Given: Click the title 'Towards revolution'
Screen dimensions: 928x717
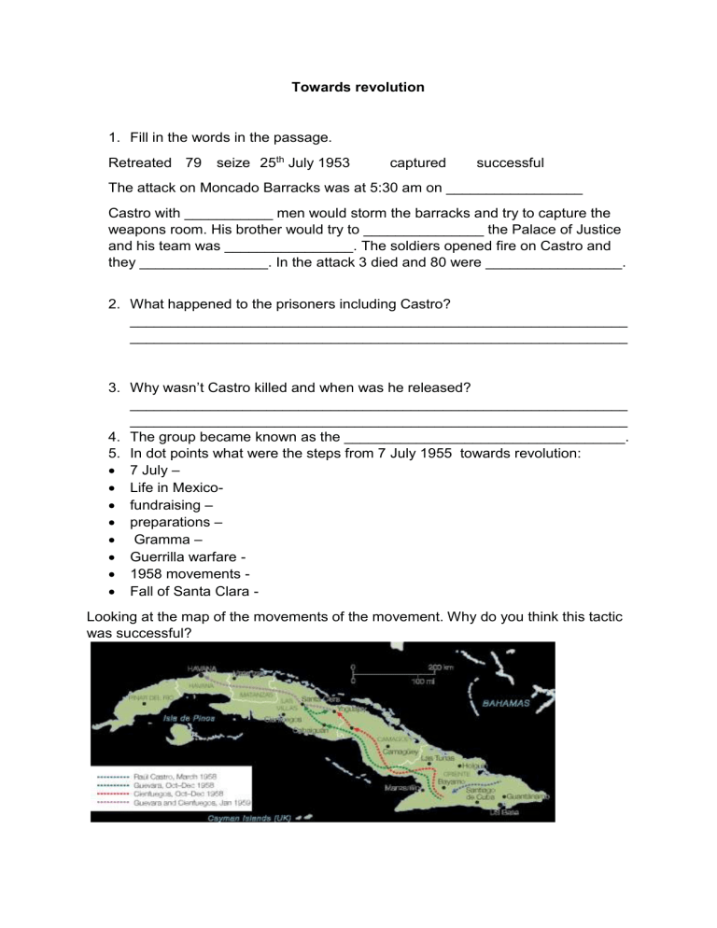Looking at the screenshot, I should (x=358, y=87).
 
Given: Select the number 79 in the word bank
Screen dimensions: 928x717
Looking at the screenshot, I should (x=194, y=163).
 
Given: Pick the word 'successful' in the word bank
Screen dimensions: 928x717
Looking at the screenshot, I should (x=510, y=163).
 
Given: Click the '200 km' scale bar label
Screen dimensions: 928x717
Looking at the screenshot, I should (x=442, y=667).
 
